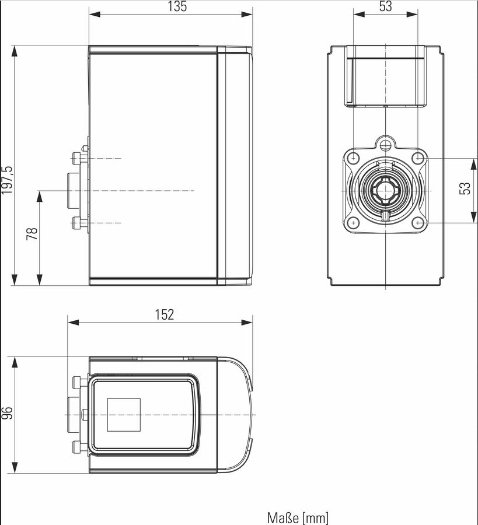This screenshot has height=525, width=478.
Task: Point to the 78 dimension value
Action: tap(32, 233)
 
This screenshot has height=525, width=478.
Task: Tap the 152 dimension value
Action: tap(165, 315)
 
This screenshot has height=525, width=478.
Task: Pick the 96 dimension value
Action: tap(7, 413)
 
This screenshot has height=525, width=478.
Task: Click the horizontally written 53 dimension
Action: tap(385, 6)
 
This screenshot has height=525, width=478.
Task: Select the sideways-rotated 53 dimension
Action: tap(465, 188)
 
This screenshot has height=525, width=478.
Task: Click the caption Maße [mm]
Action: tap(298, 517)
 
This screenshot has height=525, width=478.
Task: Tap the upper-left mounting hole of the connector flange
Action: tap(353, 158)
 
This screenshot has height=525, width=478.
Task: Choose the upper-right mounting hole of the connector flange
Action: tap(418, 158)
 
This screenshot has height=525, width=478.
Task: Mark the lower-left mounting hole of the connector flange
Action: tap(353, 223)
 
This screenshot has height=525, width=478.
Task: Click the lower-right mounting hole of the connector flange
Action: tap(418, 223)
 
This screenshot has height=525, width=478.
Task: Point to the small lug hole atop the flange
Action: tap(385, 142)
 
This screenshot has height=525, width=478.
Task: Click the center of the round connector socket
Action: tap(385, 191)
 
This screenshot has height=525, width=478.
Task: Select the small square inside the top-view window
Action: tap(124, 415)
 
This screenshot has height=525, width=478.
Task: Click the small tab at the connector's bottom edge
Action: tap(386, 216)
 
